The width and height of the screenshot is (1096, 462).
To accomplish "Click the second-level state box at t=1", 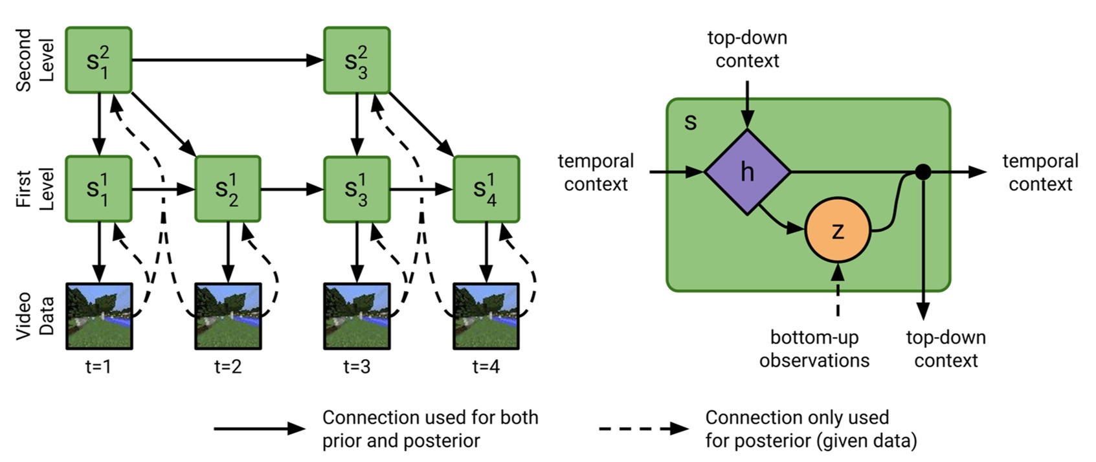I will [98, 60].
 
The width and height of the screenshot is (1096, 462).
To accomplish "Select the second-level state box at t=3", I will [357, 60].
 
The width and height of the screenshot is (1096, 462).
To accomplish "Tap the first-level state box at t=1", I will [98, 189].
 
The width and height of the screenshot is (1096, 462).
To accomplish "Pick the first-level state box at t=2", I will [227, 189].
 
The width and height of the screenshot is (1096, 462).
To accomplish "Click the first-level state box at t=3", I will [357, 189].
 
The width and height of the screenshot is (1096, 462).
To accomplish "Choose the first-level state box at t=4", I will [486, 189].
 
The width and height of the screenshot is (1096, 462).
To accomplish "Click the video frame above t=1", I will [99, 316].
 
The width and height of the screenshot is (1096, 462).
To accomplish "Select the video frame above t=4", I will [486, 316].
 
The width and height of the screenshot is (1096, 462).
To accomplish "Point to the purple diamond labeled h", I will [747, 172].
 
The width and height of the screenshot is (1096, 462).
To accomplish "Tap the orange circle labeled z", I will [838, 230].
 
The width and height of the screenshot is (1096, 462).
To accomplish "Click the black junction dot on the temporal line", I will [923, 172].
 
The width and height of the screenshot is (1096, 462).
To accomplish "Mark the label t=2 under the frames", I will [227, 367].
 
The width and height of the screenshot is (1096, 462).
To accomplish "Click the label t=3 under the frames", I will [357, 367].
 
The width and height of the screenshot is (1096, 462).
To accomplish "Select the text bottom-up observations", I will [814, 349].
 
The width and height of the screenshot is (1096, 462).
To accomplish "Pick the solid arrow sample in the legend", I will [259, 428].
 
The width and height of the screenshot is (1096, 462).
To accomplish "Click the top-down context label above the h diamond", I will [747, 49].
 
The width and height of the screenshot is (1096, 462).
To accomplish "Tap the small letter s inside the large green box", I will [691, 122].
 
